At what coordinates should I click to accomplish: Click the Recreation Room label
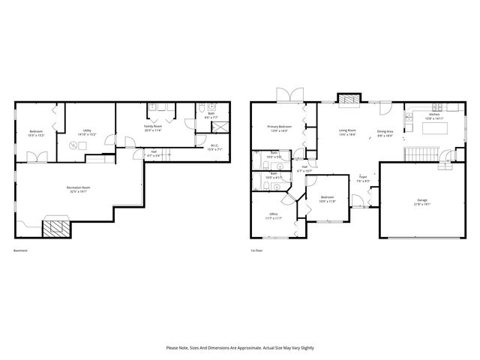click(x=76, y=187)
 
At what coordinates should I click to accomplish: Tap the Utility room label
click(x=88, y=131)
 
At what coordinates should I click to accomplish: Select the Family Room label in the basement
click(x=154, y=127)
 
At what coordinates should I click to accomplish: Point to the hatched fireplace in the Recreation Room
click(x=54, y=229)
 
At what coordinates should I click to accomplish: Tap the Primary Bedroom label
click(x=280, y=127)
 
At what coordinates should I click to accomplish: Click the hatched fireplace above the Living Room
click(x=347, y=98)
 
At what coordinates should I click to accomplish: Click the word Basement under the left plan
click(x=21, y=250)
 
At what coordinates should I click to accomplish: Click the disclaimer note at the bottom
click(x=240, y=348)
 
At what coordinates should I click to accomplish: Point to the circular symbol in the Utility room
click(x=74, y=145)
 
